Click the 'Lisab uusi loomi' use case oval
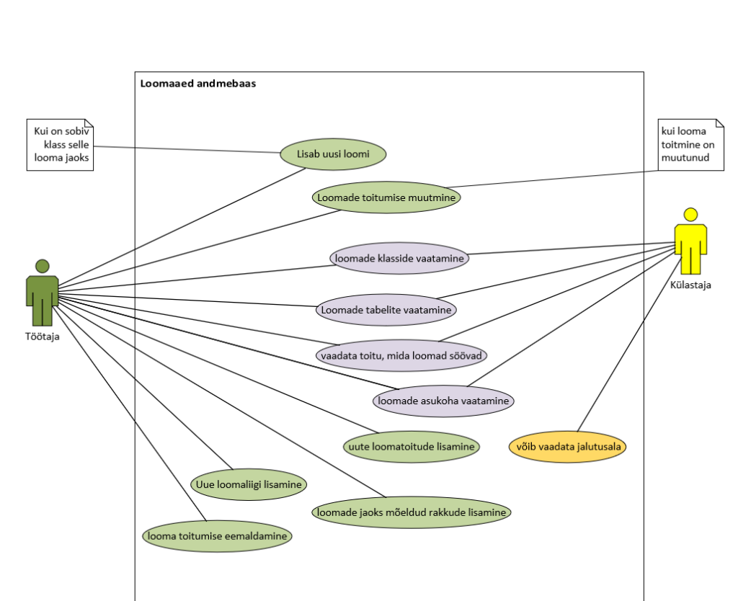(x=333, y=153)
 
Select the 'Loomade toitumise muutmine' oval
(x=387, y=197)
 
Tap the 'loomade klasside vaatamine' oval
(x=399, y=258)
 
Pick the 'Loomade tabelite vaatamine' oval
(x=386, y=310)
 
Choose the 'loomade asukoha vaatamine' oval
(x=443, y=400)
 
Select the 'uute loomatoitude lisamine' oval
(x=411, y=446)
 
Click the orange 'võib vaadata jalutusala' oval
(x=566, y=446)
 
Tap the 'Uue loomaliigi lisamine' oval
(x=249, y=484)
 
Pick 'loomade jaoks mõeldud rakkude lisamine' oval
(x=412, y=512)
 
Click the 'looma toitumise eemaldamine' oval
(x=217, y=536)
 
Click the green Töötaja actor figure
(x=42, y=295)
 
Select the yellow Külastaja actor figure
(x=690, y=245)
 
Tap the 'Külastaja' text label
(x=690, y=285)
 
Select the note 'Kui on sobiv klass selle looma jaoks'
(x=61, y=144)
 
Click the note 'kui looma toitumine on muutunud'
(x=690, y=144)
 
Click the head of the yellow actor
(x=690, y=215)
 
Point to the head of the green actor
(x=42, y=266)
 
